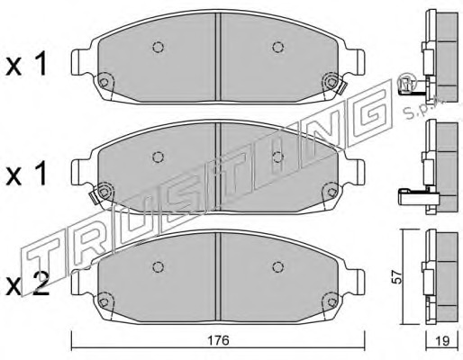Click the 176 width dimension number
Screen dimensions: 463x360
tap(218, 340)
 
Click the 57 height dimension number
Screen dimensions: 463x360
tap(397, 276)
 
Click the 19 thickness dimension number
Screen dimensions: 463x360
tap(442, 340)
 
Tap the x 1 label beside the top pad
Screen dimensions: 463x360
tap(26, 63)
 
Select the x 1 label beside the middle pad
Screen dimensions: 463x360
tap(26, 174)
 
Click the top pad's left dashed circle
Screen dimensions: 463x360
tap(158, 47)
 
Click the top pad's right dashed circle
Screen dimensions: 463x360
tap(278, 47)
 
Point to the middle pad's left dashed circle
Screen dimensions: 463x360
tap(158, 157)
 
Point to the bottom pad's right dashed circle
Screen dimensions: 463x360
tap(278, 266)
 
